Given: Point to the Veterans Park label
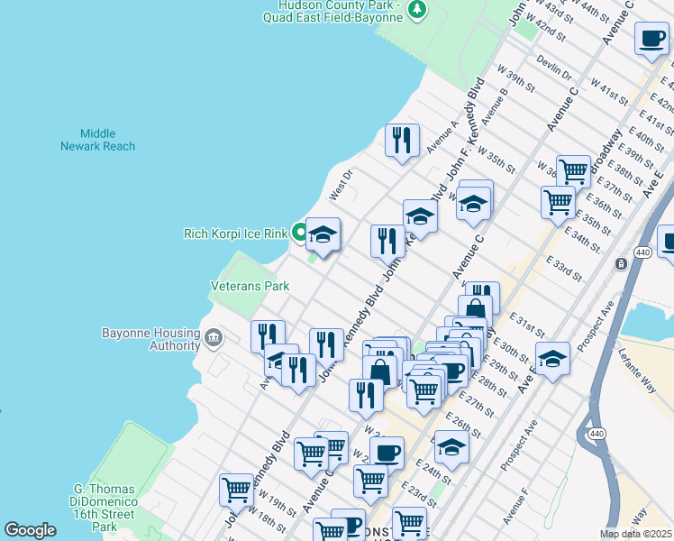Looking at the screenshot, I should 250,286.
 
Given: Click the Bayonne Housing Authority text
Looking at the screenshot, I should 150,339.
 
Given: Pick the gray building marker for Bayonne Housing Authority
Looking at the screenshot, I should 213,339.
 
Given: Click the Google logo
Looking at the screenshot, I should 30,530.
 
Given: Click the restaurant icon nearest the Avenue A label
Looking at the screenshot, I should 402,140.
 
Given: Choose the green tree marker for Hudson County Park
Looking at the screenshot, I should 416,10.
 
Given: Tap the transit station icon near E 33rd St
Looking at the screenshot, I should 621,263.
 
